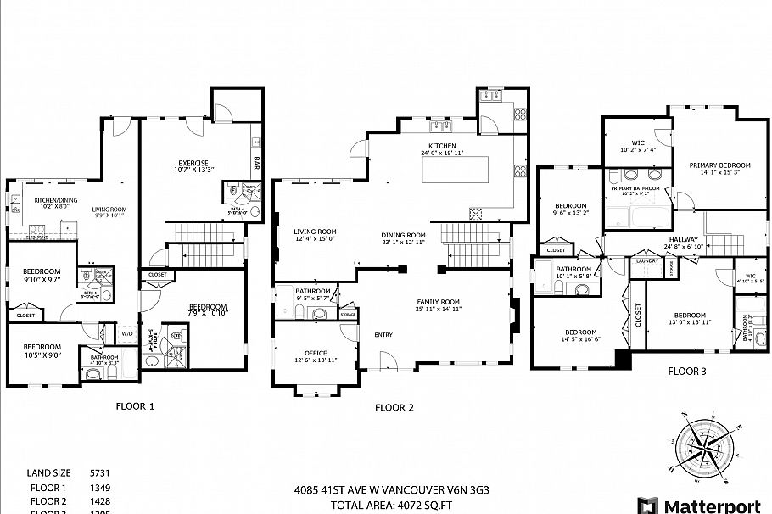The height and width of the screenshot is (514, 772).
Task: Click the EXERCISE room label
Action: pyautogui.click(x=193, y=164)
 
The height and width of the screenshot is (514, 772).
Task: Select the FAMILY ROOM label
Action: pyautogui.click(x=438, y=302)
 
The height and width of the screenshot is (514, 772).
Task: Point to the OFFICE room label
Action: pyautogui.click(x=316, y=354)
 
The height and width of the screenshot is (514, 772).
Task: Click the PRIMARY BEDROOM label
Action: pyautogui.click(x=719, y=165)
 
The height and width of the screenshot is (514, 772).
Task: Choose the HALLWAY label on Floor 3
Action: pyautogui.click(x=683, y=240)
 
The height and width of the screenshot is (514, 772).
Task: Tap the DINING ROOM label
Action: pyautogui.click(x=403, y=235)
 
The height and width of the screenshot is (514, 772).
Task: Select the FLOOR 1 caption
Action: pyautogui.click(x=135, y=406)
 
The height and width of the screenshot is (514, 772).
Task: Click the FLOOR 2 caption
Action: pyautogui.click(x=394, y=407)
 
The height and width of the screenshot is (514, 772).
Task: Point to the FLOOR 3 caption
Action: pyautogui.click(x=686, y=371)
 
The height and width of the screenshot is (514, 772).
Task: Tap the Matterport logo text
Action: pyautogui.click(x=711, y=506)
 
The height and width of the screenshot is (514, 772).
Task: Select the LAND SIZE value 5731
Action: pyautogui.click(x=101, y=472)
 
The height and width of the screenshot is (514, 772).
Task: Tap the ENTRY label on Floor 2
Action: pyautogui.click(x=383, y=335)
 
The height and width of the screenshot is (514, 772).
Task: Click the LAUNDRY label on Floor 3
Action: pyautogui.click(x=647, y=260)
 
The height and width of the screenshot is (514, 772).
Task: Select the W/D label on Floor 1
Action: pyautogui.click(x=127, y=333)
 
